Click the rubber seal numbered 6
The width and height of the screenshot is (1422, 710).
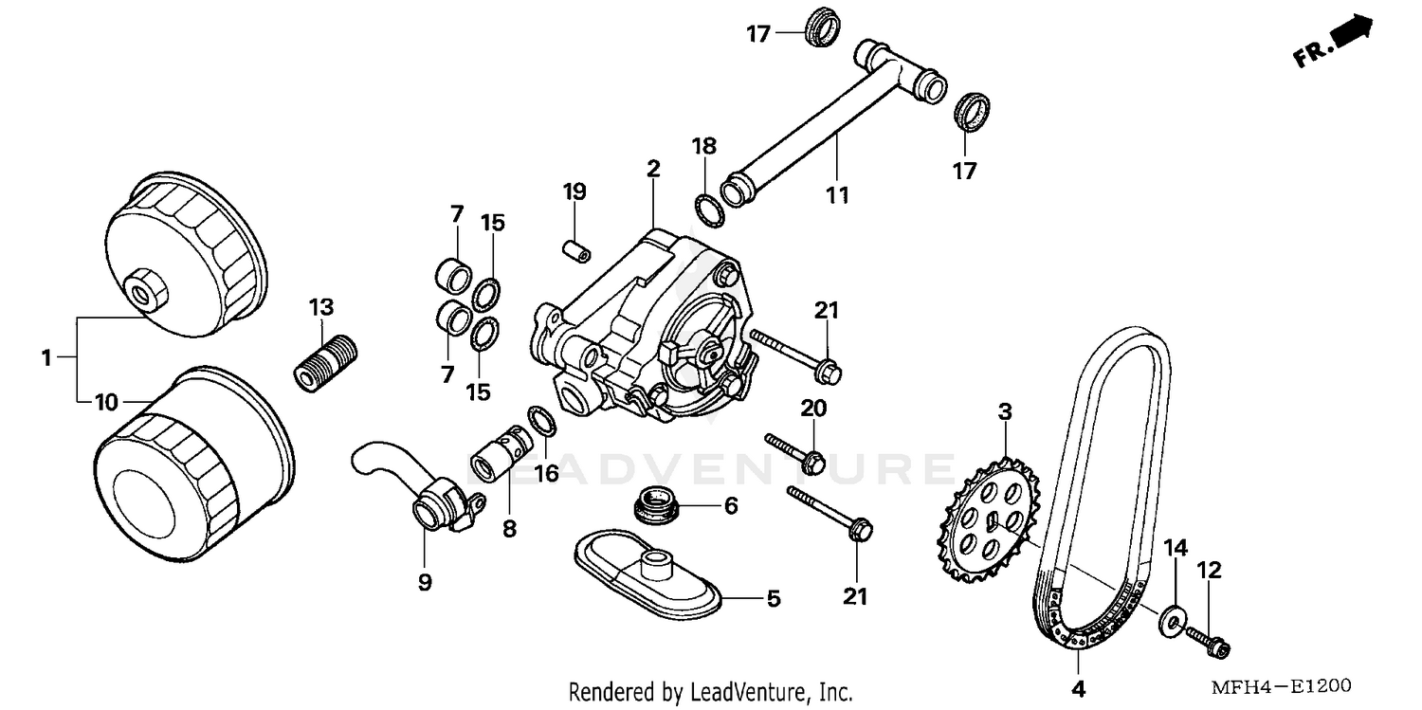pos(656,502)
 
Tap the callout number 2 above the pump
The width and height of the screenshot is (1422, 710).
pos(652,169)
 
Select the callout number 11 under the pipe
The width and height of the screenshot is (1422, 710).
pos(836,195)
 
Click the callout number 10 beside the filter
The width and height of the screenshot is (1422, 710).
pos(106,403)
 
